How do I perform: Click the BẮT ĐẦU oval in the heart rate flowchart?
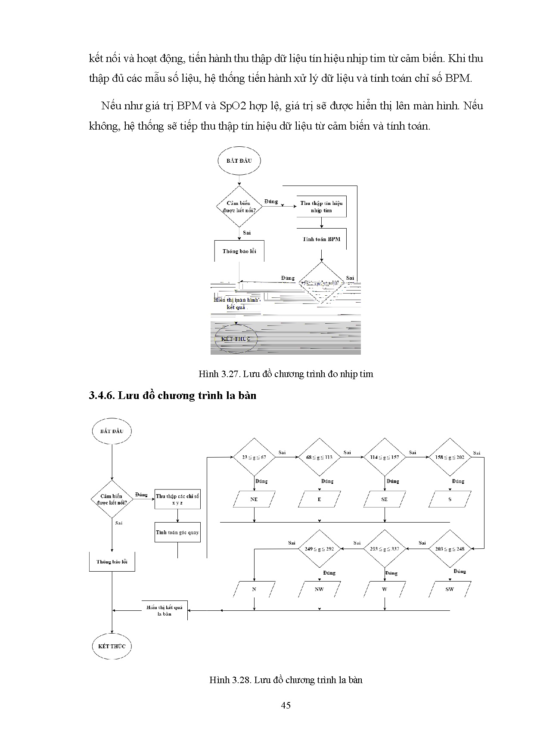239,161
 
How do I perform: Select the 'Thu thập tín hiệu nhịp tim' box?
321,207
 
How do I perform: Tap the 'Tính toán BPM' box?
321,239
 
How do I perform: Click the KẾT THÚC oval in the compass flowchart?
112,646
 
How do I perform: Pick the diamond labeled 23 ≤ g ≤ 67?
254,457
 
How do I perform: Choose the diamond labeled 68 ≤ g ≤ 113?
320,457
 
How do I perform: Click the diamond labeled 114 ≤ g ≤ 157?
385,457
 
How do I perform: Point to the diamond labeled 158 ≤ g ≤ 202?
450,457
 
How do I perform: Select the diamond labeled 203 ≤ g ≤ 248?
450,549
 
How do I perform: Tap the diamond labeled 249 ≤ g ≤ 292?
320,549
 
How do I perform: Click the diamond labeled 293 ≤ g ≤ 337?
385,549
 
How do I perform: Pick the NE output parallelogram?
254,499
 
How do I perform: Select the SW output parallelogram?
450,589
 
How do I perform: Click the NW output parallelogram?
320,589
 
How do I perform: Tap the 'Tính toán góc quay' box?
177,532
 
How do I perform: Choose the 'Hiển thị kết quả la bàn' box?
165,610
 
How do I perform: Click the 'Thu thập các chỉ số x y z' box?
177,499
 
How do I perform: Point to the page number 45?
286,705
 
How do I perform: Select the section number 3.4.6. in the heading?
102,395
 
